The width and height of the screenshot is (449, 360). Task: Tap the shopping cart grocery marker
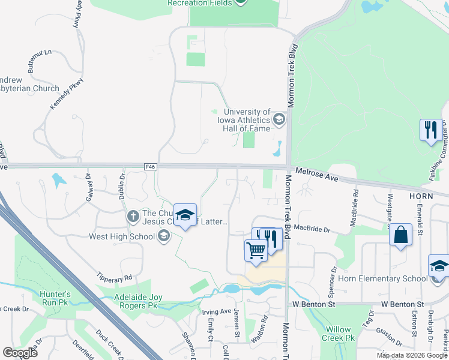click(x=256, y=250)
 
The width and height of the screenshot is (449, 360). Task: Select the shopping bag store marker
click(x=400, y=236)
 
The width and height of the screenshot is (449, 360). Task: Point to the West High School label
click(x=122, y=236)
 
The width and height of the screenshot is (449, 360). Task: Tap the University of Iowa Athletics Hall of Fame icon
click(x=279, y=120)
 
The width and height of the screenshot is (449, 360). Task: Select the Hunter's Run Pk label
click(x=55, y=299)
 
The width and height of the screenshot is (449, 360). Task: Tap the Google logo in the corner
click(x=20, y=353)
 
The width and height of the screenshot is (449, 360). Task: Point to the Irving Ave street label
click(x=216, y=311)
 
